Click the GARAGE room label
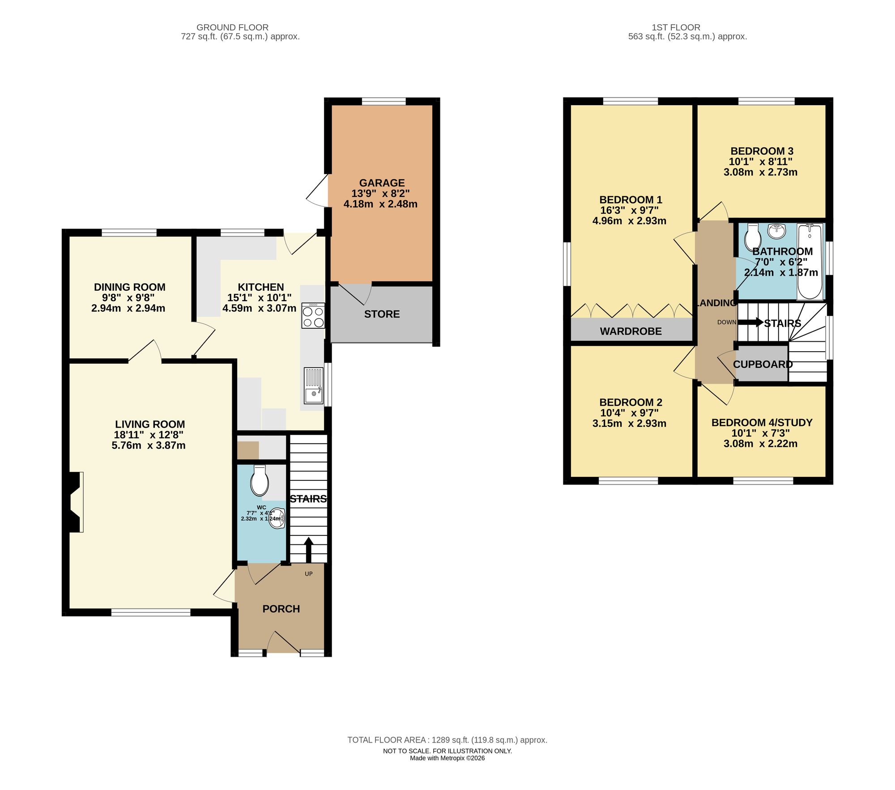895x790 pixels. coord(382,183)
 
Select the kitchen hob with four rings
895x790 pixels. coord(313,316)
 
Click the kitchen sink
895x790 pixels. coord(313,386)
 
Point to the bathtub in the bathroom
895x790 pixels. coord(810,262)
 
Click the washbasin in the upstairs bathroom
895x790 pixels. coord(776,231)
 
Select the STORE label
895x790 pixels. coord(382,314)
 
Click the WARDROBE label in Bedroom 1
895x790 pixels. coord(631,331)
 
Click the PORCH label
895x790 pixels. coord(281,609)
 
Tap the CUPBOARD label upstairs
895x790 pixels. coord(763,364)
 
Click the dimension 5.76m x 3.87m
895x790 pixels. coord(149,446)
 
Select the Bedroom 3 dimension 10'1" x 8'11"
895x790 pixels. coord(761,161)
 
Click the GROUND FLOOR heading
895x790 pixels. coord(232,27)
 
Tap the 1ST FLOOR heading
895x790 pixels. coord(676,27)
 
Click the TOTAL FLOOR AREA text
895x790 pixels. coord(447,740)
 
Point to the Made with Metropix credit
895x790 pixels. coord(447,758)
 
